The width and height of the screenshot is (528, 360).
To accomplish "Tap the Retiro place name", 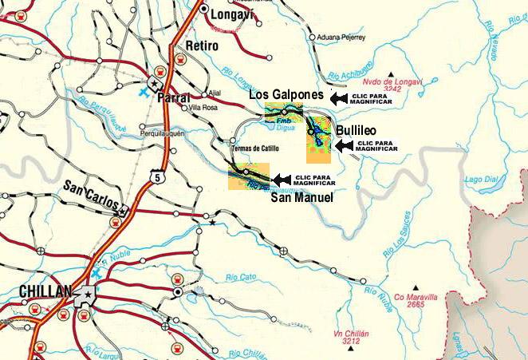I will coord(201,45).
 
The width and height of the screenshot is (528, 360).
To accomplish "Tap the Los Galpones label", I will coord(286,95).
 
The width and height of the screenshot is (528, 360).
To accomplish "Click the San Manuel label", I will coord(301,197).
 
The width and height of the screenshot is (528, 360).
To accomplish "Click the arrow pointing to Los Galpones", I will coord(338,97).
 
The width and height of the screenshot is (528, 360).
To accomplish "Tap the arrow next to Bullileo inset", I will coord(343,145).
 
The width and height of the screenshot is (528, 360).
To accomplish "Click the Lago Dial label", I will coord(480,180).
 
